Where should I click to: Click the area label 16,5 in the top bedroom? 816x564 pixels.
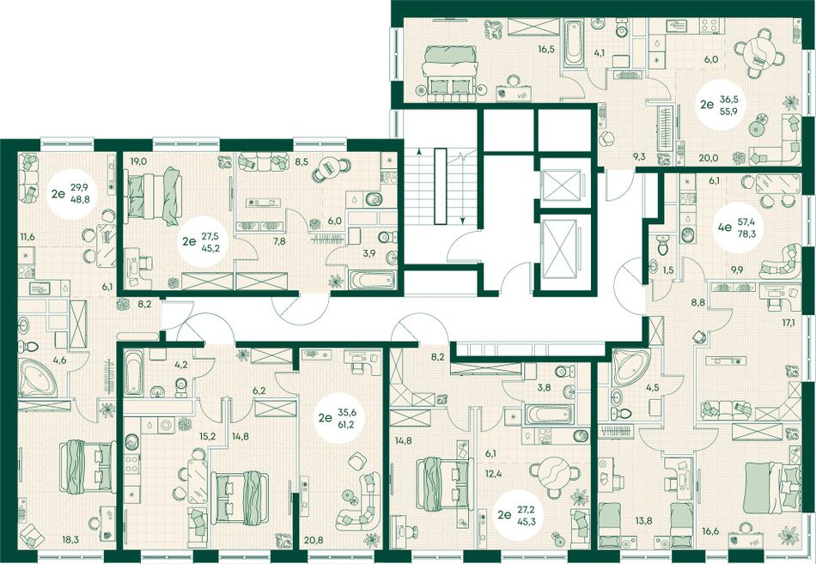click(546, 50)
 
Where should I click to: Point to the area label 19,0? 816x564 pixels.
click(139, 161)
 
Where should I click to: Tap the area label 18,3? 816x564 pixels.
click(70, 540)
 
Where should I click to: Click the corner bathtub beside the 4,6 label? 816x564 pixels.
click(38, 378)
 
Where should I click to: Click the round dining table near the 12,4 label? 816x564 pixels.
click(554, 474)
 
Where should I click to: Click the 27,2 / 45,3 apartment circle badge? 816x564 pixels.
click(518, 515)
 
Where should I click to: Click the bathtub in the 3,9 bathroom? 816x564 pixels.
click(373, 280)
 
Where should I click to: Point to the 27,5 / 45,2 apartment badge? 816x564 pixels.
click(203, 241)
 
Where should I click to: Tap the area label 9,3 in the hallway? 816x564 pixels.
click(639, 155)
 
